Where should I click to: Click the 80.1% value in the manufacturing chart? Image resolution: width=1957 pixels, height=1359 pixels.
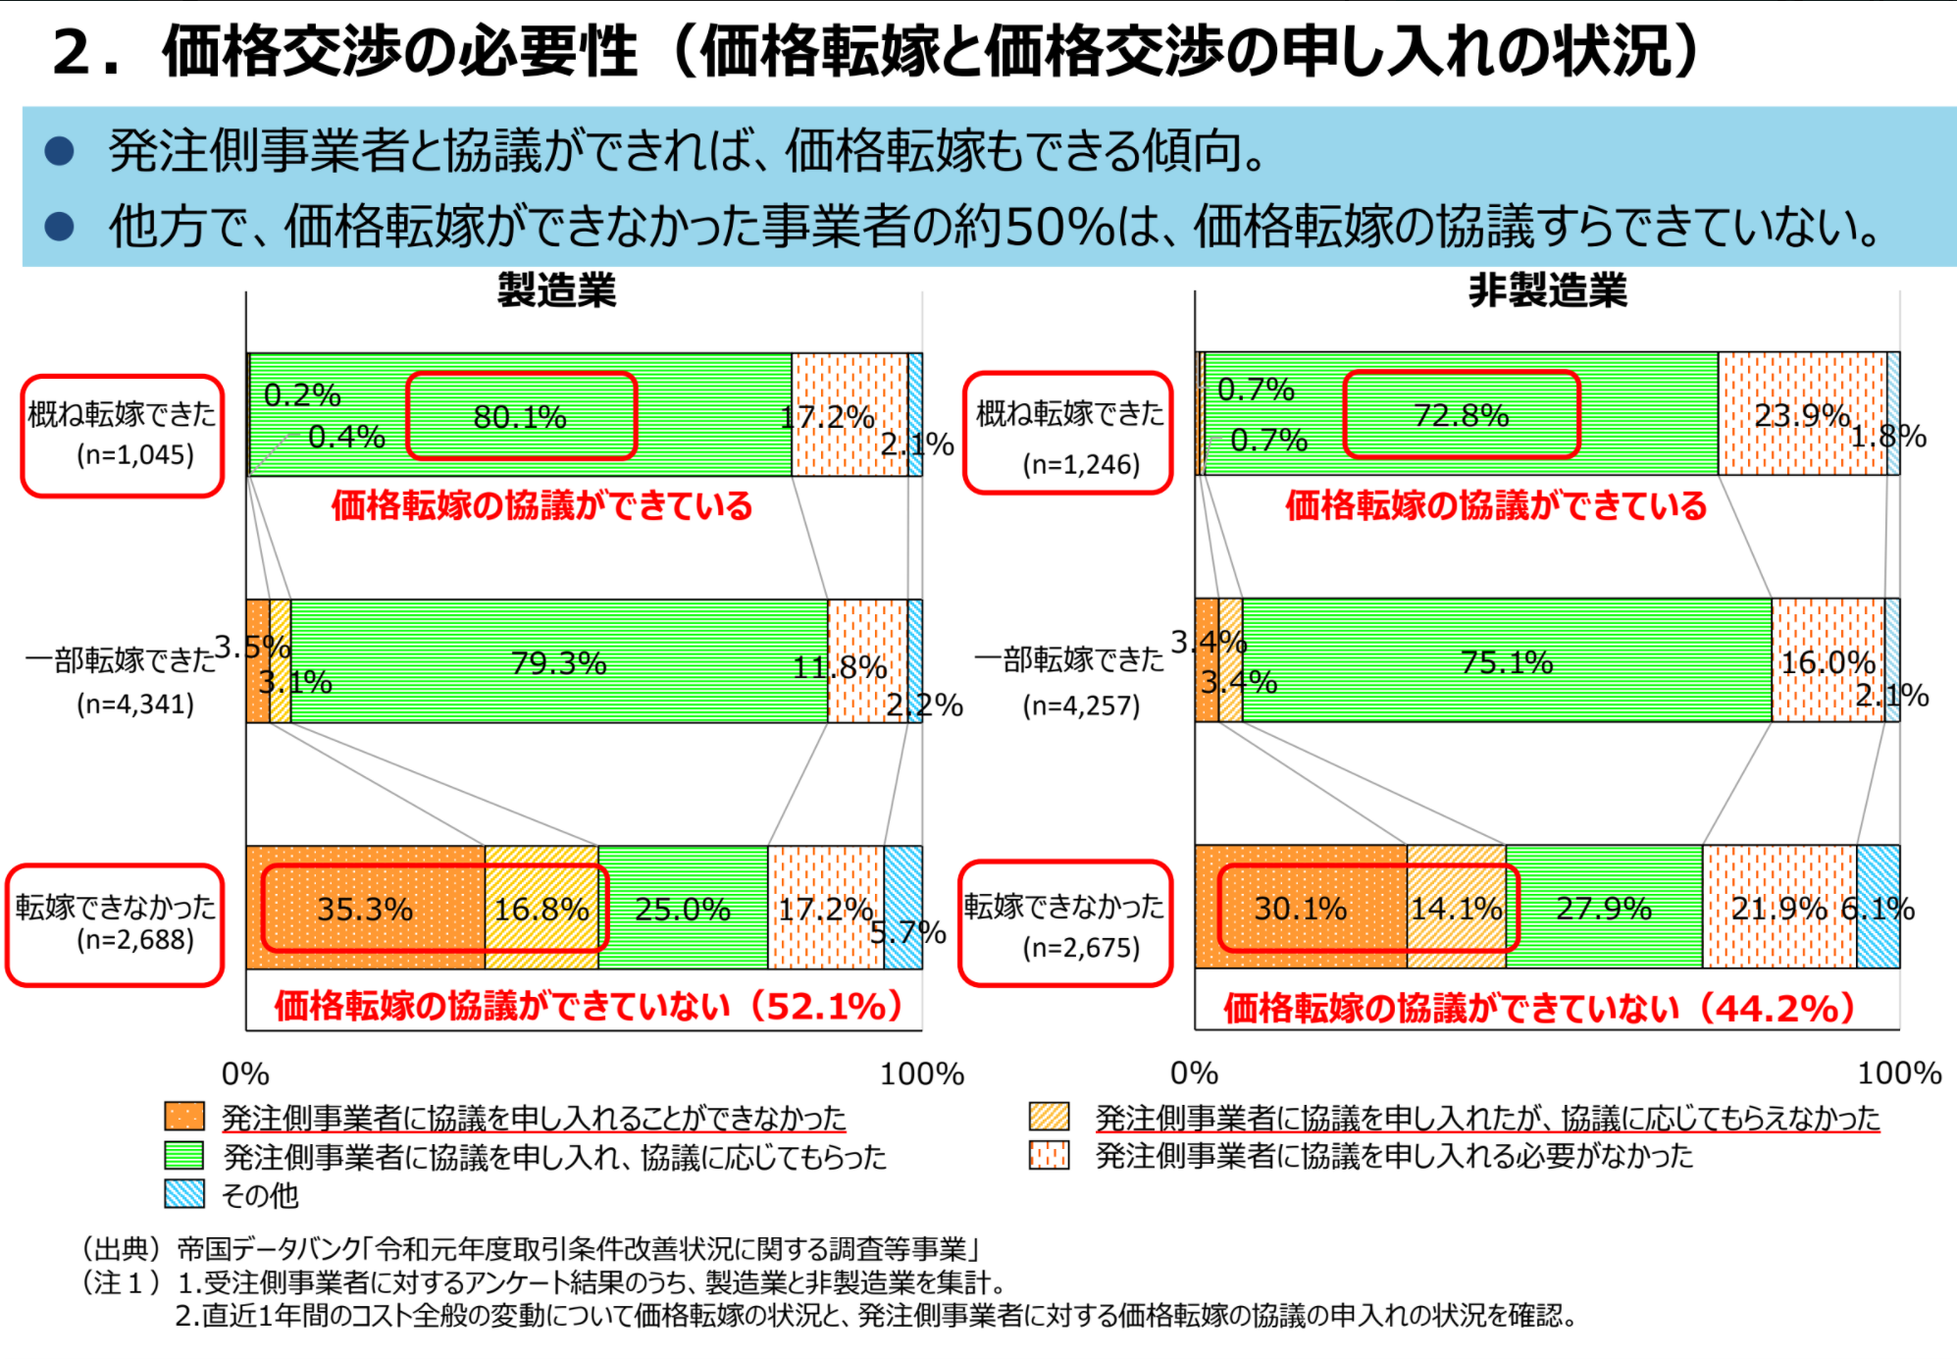[x=520, y=417]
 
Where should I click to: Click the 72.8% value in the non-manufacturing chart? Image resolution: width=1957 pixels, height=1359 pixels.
[x=1461, y=415]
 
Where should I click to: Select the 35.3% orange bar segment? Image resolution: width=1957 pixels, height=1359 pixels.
[x=365, y=909]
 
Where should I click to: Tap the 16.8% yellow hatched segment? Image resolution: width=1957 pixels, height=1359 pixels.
[x=541, y=909]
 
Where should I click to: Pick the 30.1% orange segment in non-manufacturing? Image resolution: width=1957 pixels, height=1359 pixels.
[x=1300, y=908]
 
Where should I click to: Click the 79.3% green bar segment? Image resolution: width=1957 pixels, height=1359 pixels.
[x=558, y=662]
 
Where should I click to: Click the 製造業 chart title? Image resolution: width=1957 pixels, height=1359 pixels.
[x=556, y=290]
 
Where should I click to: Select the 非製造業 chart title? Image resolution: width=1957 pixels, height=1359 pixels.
[x=1547, y=290]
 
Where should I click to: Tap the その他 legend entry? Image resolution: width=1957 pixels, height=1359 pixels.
[x=259, y=1195]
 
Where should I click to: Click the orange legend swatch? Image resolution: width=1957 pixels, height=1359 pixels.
[x=184, y=1117]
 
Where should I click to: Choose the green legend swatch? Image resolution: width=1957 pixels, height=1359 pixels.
[x=184, y=1156]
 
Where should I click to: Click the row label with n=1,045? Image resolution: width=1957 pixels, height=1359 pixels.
[x=123, y=435]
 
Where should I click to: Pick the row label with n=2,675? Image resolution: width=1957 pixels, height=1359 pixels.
[x=1065, y=923]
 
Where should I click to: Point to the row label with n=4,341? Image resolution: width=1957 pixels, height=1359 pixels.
[x=122, y=680]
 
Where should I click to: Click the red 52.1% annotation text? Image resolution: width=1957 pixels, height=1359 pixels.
[x=589, y=1006]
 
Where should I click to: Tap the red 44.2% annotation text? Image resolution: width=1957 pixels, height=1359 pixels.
[x=1539, y=1008]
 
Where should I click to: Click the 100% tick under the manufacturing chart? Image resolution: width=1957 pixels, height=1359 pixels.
[x=921, y=1073]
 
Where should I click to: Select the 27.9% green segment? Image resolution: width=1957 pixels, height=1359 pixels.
[x=1604, y=908]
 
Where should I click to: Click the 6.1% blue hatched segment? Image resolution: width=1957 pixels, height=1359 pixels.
[x=1878, y=908]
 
